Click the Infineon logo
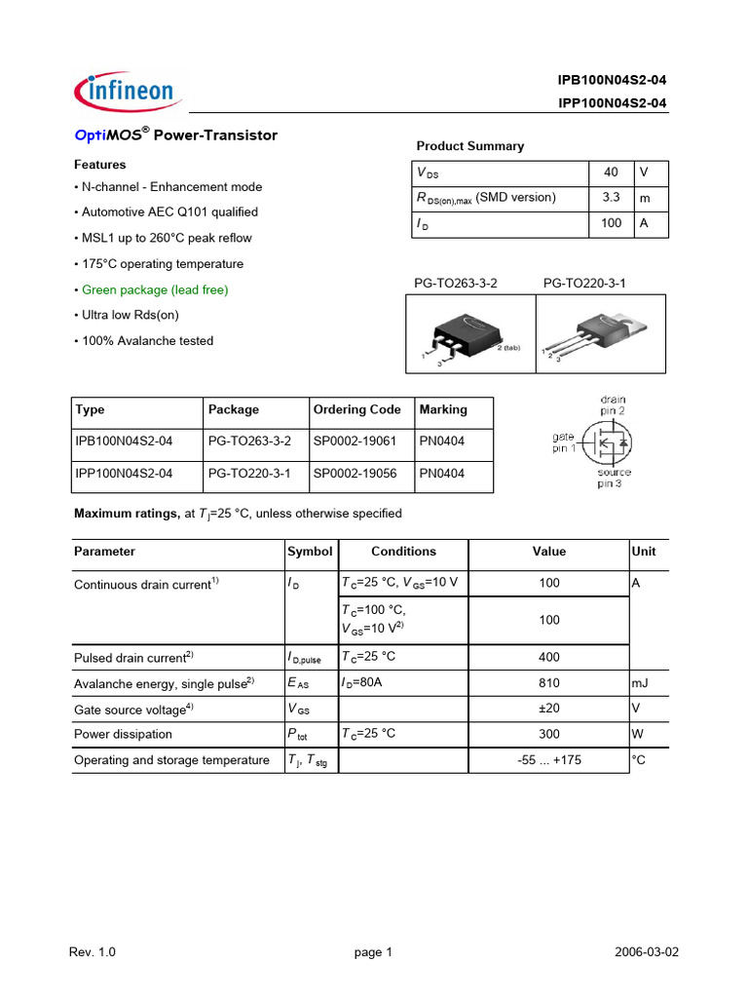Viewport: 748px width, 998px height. point(124,92)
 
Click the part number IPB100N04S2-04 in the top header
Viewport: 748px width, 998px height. point(612,80)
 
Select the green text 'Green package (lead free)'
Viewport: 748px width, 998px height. point(155,289)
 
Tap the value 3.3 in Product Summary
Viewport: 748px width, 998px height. point(611,198)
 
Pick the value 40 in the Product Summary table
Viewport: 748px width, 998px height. point(611,172)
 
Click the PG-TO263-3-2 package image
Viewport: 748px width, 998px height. point(469,334)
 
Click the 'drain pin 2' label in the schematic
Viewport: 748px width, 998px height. point(612,405)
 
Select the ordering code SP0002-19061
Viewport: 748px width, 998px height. point(355,441)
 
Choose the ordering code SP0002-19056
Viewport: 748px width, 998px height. point(355,474)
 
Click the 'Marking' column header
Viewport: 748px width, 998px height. point(443,409)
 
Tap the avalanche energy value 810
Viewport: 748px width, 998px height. point(548,683)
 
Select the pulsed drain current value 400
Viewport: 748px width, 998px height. point(548,658)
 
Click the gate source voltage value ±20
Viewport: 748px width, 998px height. point(548,709)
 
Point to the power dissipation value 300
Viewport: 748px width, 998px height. point(548,734)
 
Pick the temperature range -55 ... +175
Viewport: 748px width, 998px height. point(548,760)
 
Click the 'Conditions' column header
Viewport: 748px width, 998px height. point(403,552)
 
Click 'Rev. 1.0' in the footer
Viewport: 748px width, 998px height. point(93,953)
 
